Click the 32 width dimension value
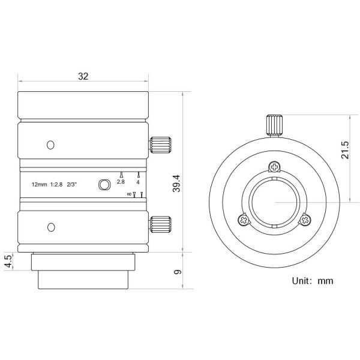(x=83, y=76)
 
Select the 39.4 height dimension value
(x=177, y=184)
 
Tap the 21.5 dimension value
(x=345, y=149)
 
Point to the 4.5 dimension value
(x=8, y=261)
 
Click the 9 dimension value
(x=178, y=272)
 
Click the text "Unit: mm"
(x=313, y=281)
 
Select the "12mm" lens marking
(x=39, y=184)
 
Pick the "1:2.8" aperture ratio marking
(x=56, y=184)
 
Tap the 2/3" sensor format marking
(x=71, y=184)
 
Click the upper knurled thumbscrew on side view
(x=160, y=145)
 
